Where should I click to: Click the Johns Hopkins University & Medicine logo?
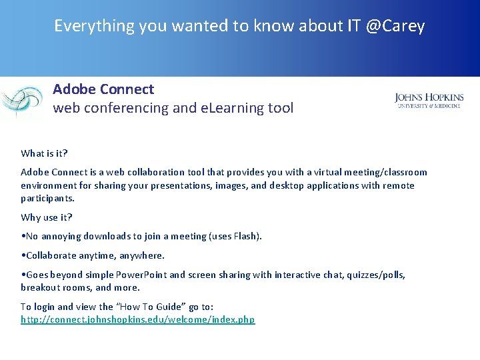pos(429,101)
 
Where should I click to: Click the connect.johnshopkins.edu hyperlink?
pos(137,320)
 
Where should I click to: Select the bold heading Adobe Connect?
pos(103,89)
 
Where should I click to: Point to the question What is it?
pos(44,153)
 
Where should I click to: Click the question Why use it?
pos(47,217)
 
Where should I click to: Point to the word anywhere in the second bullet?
pos(141,255)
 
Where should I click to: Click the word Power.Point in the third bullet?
pos(141,275)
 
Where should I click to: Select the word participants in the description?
pos(47,199)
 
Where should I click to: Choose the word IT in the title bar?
pos(354,26)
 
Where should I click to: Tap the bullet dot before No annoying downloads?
pos(23,236)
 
